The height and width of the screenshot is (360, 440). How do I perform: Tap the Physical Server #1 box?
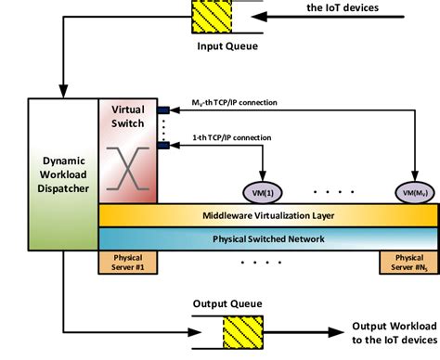click(x=128, y=261)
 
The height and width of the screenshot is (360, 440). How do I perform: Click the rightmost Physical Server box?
click(x=408, y=261)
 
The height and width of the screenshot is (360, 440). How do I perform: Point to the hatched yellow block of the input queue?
click(x=214, y=18)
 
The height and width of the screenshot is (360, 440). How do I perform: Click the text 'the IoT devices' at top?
click(x=342, y=9)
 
